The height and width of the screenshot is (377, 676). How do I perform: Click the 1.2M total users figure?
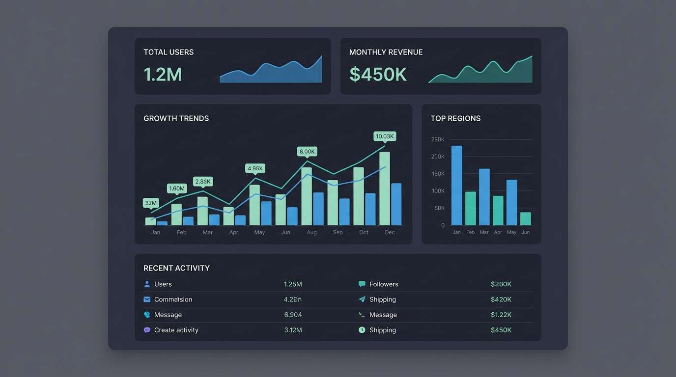pyautogui.click(x=163, y=75)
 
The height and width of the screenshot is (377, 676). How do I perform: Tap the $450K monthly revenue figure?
pyautogui.click(x=378, y=75)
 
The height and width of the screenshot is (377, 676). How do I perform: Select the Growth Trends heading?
pyautogui.click(x=176, y=118)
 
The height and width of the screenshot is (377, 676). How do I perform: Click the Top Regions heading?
pyautogui.click(x=455, y=118)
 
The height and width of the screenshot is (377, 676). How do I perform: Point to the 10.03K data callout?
pyautogui.click(x=385, y=136)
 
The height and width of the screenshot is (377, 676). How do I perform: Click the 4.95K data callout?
pyautogui.click(x=255, y=168)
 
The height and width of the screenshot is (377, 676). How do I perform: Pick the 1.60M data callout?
pyautogui.click(x=177, y=188)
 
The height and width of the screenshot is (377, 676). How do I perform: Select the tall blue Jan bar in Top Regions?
pyautogui.click(x=456, y=186)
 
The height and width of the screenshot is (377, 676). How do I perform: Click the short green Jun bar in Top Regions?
pyautogui.click(x=526, y=219)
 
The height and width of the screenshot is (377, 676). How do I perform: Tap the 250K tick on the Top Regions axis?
pyautogui.click(x=438, y=139)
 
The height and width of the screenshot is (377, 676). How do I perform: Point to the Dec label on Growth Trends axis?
pyautogui.click(x=390, y=232)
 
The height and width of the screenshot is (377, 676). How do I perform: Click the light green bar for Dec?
pyautogui.click(x=385, y=188)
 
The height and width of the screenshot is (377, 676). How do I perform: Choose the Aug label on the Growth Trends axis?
pyautogui.click(x=311, y=232)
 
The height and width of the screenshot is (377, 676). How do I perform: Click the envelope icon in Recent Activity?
pyautogui.click(x=147, y=299)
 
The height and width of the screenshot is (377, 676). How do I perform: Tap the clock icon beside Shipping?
pyautogui.click(x=362, y=330)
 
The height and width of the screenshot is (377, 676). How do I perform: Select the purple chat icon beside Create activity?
pyautogui.click(x=147, y=330)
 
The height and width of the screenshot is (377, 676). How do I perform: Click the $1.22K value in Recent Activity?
pyautogui.click(x=501, y=315)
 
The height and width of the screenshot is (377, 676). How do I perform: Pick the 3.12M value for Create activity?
pyautogui.click(x=293, y=330)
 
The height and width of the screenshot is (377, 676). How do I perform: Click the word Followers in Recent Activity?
pyautogui.click(x=384, y=284)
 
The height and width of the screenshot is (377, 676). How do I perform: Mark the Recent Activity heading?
pyautogui.click(x=176, y=268)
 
